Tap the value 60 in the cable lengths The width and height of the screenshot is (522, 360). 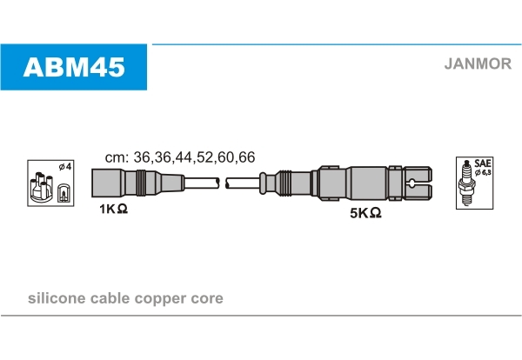(x=225, y=157)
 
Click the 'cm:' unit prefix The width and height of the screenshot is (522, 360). (x=117, y=157)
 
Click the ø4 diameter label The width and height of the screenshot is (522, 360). (x=63, y=166)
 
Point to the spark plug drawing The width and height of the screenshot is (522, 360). (x=466, y=184)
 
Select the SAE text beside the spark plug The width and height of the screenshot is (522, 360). (x=483, y=163)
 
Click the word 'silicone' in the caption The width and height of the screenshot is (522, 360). (x=57, y=298)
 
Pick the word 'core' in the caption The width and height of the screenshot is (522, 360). (x=208, y=299)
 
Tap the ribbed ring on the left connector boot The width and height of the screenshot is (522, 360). (x=139, y=183)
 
